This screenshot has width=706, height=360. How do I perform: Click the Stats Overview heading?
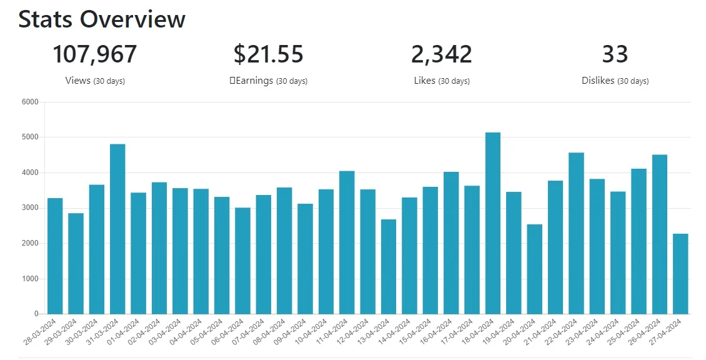pyautogui.click(x=102, y=19)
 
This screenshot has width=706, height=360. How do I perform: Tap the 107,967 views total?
pyautogui.click(x=94, y=54)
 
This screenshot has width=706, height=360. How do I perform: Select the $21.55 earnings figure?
pyautogui.click(x=269, y=54)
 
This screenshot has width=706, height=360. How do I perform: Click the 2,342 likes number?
pyautogui.click(x=442, y=54)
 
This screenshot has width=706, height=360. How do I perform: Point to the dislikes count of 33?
pyautogui.click(x=615, y=54)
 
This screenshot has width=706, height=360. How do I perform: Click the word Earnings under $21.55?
pyautogui.click(x=254, y=80)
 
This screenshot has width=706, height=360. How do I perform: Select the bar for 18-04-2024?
pyautogui.click(x=492, y=223)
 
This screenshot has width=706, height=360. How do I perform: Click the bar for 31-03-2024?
pyautogui.click(x=117, y=229)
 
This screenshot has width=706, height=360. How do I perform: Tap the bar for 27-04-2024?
pyautogui.click(x=680, y=274)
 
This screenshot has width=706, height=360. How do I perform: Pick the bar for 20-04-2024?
pyautogui.click(x=534, y=269)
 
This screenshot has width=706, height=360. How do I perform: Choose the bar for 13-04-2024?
pyautogui.click(x=389, y=267)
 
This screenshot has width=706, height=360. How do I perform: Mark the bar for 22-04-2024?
pyautogui.click(x=576, y=233)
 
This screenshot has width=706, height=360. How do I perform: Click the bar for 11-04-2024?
pyautogui.click(x=347, y=242)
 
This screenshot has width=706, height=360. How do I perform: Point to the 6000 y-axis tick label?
pyautogui.click(x=30, y=102)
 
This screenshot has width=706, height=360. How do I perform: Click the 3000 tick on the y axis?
pyautogui.click(x=30, y=208)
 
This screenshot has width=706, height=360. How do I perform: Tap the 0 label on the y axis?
pyautogui.click(x=36, y=314)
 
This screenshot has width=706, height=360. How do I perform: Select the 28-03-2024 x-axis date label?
pyautogui.click(x=40, y=332)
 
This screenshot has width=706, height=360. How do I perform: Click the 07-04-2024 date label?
pyautogui.click(x=249, y=332)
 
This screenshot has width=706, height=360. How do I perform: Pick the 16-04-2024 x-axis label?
pyautogui.click(x=436, y=332)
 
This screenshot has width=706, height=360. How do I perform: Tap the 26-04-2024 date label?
pyautogui.click(x=644, y=332)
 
